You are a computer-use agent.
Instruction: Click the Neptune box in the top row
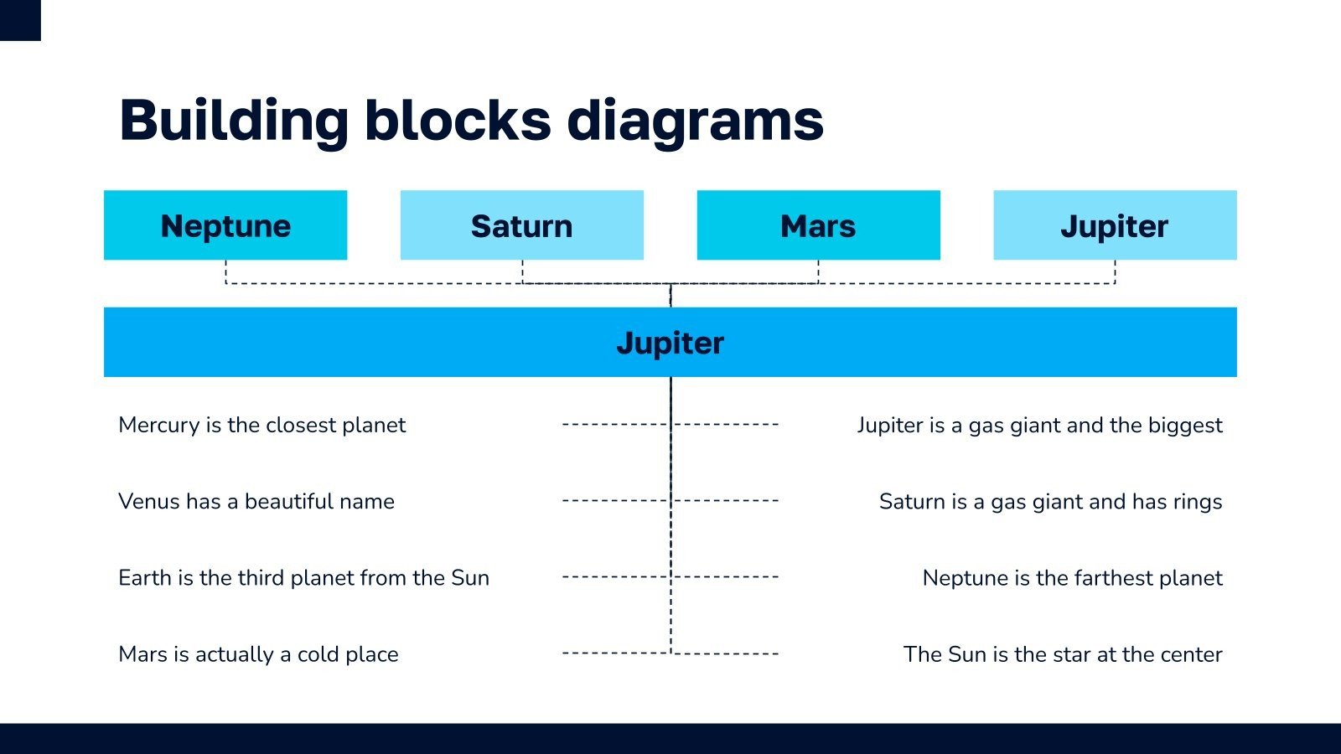coord(225,225)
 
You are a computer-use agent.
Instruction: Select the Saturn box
coord(521,225)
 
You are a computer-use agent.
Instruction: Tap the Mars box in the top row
coord(818,225)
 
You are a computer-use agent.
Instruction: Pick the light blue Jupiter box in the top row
coord(1115,225)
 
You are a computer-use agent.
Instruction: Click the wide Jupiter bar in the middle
coord(670,342)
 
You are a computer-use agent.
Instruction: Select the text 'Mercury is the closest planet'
coord(261,425)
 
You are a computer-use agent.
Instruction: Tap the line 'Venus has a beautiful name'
coord(256,501)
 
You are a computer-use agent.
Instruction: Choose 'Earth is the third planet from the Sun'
coord(303,577)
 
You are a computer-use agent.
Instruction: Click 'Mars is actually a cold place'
coord(258,653)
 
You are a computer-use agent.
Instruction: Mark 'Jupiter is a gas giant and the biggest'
coord(1039,425)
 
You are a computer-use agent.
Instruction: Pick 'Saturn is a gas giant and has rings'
coord(1050,501)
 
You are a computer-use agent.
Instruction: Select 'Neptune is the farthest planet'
coord(1072,577)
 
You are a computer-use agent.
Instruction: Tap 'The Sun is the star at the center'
coord(1063,653)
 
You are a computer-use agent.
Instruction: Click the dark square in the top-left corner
coord(20,20)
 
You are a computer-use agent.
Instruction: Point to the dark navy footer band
coord(670,738)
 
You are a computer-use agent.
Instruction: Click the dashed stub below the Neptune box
coord(225,271)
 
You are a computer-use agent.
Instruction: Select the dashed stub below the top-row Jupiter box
coord(1115,271)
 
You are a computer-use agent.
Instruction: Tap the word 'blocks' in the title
coord(458,121)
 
